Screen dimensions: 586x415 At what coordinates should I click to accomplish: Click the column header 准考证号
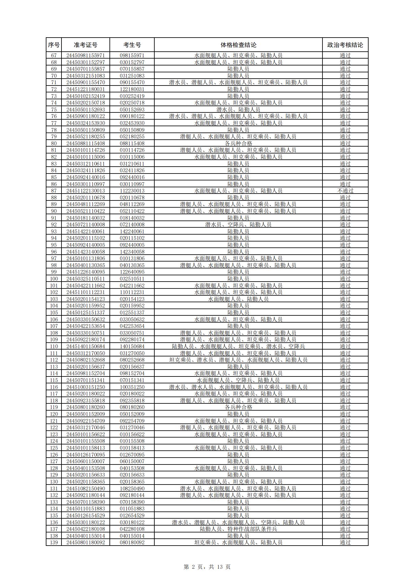coord(85,45)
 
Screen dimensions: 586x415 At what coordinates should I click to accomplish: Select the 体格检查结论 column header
coord(238,45)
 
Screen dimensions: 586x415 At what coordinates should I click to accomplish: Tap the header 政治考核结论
coord(345,45)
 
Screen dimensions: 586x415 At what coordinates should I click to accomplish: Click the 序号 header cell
coord(54,45)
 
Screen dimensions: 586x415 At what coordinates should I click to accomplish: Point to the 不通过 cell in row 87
coord(345,191)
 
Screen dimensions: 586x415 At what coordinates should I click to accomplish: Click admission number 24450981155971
coord(85,55)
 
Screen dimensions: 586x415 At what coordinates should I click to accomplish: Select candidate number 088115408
coord(132,143)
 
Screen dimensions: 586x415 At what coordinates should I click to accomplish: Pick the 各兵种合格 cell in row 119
coord(238,407)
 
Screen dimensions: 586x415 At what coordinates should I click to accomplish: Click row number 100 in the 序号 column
coord(54,279)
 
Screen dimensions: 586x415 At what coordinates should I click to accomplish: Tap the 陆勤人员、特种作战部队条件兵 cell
coord(238,529)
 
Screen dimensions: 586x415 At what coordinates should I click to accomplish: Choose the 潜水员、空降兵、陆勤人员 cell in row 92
coord(238,225)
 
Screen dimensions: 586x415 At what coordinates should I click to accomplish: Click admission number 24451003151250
coord(85,387)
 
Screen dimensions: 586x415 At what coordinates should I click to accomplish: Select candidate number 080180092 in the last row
coord(132,542)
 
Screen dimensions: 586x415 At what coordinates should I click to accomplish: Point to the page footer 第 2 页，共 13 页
coord(207,567)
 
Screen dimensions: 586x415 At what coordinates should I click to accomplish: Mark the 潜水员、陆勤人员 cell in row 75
coord(238,110)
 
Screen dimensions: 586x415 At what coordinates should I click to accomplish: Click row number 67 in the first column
coord(54,55)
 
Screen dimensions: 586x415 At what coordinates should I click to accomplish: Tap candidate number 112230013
coord(132,191)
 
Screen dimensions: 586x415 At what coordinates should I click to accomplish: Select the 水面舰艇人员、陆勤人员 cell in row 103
coord(238,299)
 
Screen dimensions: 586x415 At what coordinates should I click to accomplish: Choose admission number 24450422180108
coord(85,529)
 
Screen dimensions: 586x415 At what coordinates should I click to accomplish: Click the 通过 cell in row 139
coord(345,542)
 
